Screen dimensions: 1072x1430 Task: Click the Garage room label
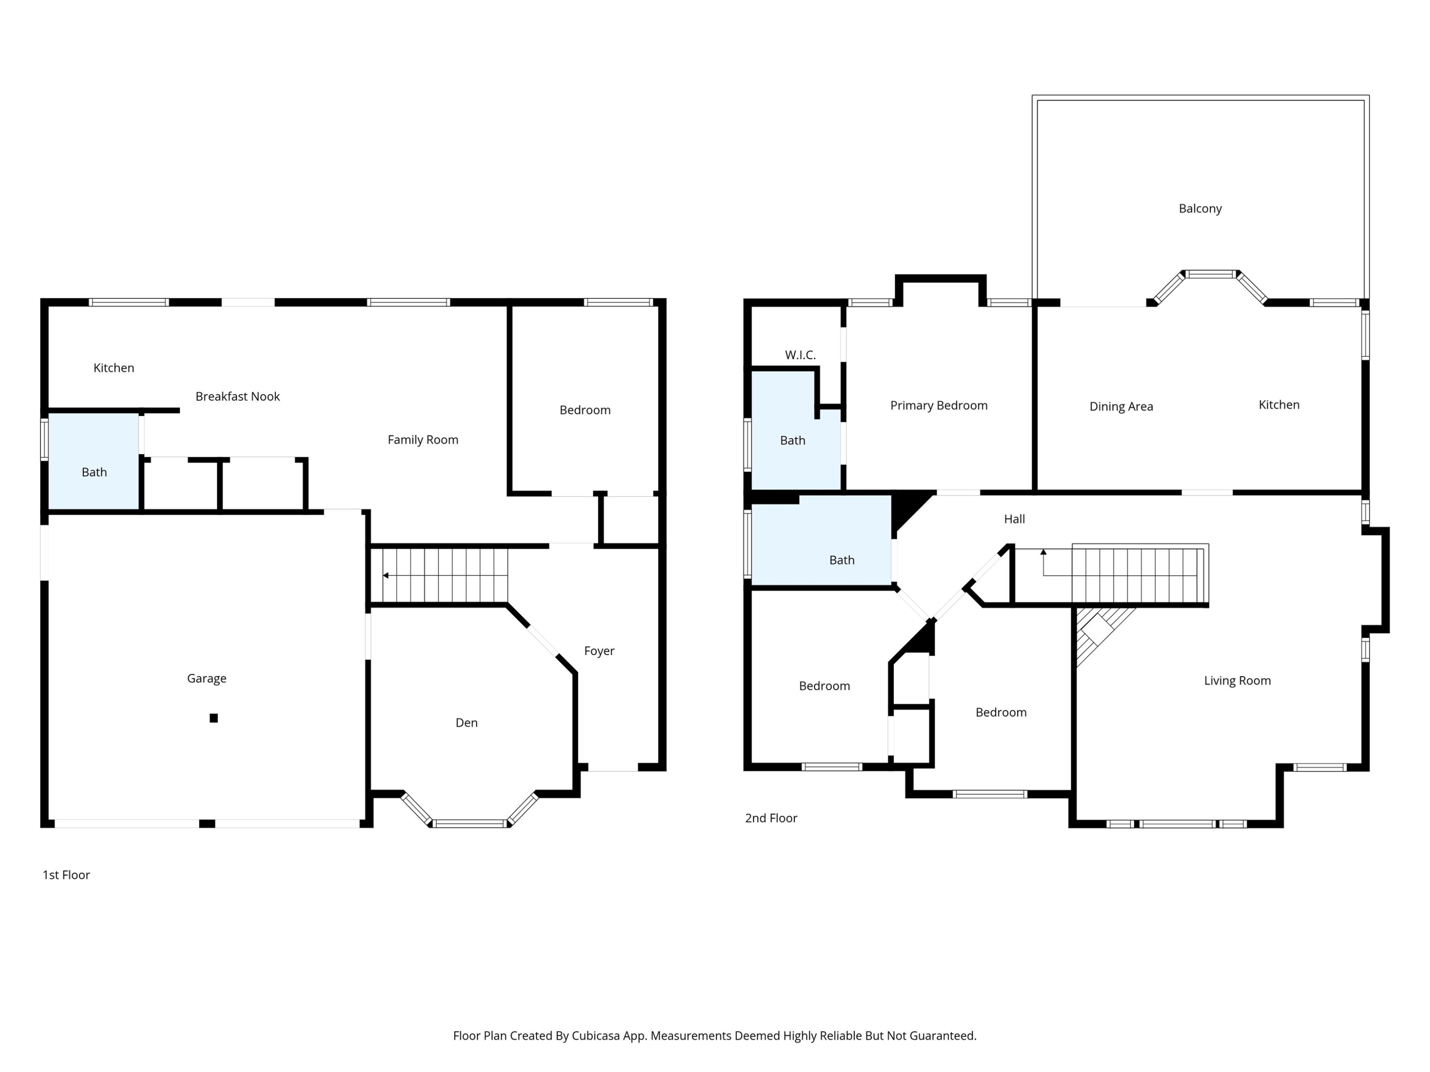click(x=206, y=678)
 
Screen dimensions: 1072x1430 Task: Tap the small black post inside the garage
click(x=214, y=718)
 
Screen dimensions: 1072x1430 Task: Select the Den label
click(x=466, y=723)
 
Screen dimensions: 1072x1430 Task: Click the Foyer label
click(x=599, y=651)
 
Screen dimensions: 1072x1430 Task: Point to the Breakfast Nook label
click(x=237, y=397)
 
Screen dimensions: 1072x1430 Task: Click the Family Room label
click(x=423, y=440)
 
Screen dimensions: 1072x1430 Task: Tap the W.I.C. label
click(x=800, y=355)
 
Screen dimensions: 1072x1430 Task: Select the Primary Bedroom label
click(x=939, y=406)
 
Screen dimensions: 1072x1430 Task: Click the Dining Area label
click(x=1121, y=407)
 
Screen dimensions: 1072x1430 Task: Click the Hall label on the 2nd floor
click(x=1014, y=519)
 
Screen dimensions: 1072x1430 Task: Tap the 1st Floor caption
click(x=66, y=875)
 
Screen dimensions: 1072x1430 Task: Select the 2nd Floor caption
click(x=771, y=818)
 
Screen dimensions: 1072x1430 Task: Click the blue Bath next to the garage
click(x=94, y=472)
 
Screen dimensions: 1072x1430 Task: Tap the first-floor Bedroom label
click(x=584, y=410)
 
